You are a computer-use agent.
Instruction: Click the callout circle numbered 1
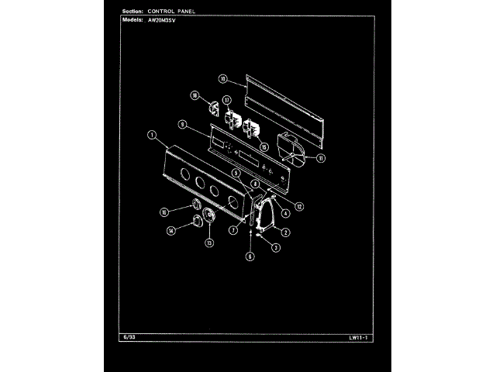coord(152,136)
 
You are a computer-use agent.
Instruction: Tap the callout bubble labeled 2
coord(286,232)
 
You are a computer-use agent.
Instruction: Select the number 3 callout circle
coord(276,247)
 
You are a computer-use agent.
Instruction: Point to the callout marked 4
coord(286,213)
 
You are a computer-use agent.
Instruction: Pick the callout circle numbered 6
coord(250,255)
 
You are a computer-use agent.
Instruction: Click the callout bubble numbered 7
coord(232,230)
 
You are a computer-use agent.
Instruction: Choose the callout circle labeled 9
coord(181,124)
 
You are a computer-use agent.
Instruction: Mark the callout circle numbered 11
coord(321,158)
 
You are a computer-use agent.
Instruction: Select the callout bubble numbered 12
coord(298,206)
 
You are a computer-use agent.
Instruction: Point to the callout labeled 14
coord(171,230)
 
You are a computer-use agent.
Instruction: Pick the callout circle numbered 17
coord(227,100)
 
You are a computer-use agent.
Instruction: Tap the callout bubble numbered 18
coord(195,95)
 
